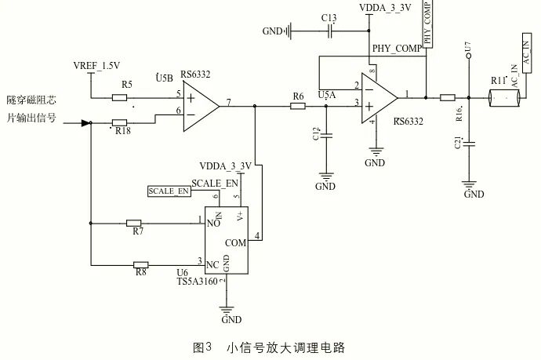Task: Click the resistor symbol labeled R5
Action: pyautogui.click(x=120, y=97)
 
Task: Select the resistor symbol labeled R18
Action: pyautogui.click(x=120, y=122)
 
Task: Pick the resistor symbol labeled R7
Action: pyautogui.click(x=134, y=223)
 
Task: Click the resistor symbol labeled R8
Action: pyautogui.click(x=141, y=264)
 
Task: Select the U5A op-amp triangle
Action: pyautogui.click(x=380, y=99)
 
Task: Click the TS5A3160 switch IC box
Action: pyautogui.click(x=227, y=242)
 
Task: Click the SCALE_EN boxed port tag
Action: pyautogui.click(x=169, y=191)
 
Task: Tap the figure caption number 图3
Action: pyautogui.click(x=203, y=346)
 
